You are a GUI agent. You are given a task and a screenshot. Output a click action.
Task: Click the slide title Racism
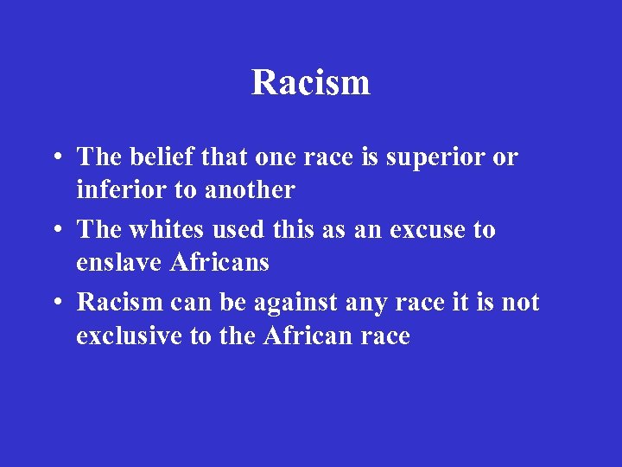click(311, 83)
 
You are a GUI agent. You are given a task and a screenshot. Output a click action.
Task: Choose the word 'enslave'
click(119, 261)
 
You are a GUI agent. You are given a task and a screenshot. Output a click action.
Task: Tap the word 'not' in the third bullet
click(521, 303)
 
